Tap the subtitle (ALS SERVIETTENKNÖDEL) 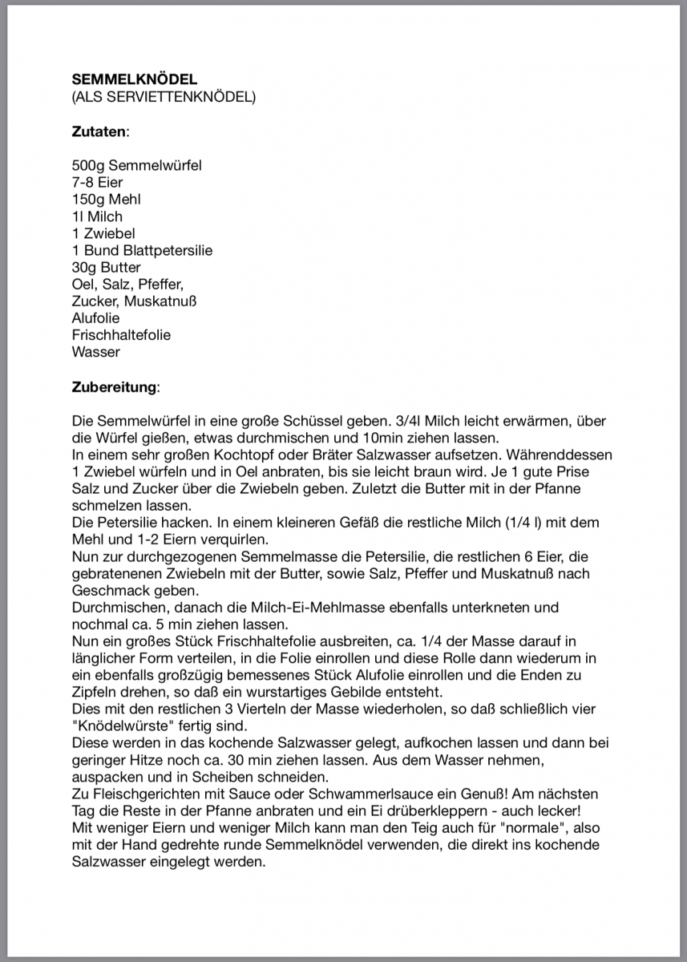(164, 97)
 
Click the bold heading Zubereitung (115, 386)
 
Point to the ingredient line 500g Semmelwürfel (136, 166)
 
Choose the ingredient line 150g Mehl (106, 200)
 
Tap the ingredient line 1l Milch (97, 216)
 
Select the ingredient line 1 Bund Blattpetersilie (142, 250)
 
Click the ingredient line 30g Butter (106, 267)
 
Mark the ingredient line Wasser (95, 351)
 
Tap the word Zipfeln (95, 691)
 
